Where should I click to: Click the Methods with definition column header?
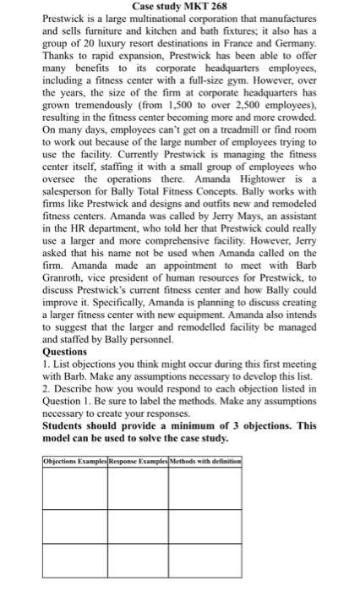207,459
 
